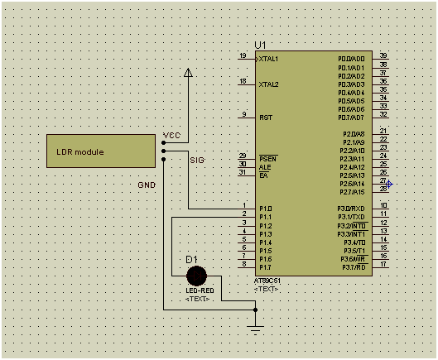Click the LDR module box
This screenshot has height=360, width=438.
(103, 151)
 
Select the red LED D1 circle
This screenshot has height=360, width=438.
(196, 276)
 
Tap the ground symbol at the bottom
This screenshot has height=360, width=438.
(255, 328)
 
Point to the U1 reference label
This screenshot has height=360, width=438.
(261, 45)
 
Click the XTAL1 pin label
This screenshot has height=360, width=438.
(269, 60)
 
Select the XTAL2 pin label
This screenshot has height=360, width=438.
(269, 84)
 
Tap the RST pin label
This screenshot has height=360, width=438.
(266, 118)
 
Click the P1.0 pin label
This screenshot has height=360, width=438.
(265, 209)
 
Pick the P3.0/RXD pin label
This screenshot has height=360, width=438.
(352, 209)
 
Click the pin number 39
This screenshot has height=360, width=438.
(383, 55)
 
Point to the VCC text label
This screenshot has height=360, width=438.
(171, 135)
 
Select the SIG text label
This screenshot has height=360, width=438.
(196, 159)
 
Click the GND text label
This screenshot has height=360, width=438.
(147, 185)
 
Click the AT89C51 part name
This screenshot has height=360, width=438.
(268, 282)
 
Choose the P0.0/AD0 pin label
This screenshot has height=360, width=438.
(352, 60)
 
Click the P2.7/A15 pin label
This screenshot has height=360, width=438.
(352, 192)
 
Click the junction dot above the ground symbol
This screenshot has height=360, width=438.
(255, 310)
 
